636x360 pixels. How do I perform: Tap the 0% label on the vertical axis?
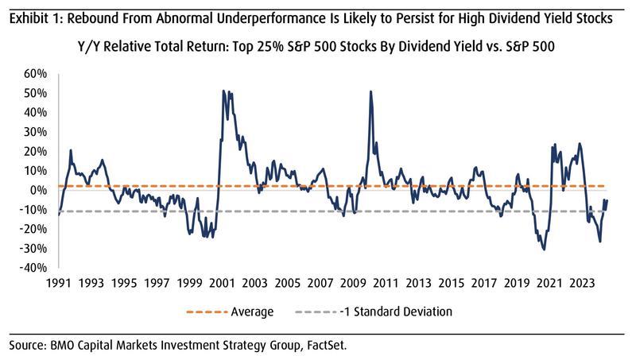tap(40, 190)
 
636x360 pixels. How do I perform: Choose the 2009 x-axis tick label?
tap(353, 282)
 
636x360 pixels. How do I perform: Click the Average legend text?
tap(253, 312)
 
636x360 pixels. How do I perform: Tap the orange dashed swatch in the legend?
tap(206, 312)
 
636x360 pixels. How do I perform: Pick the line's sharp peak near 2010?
tap(370, 91)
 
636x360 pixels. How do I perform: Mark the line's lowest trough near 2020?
tap(544, 250)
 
